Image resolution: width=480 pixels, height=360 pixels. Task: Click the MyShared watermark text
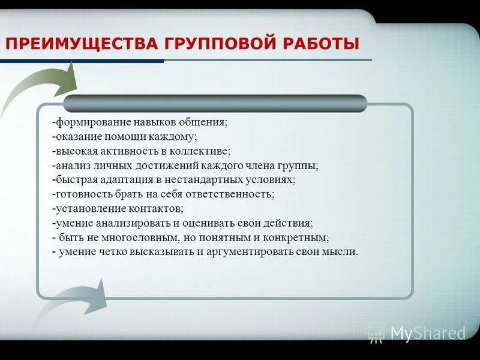pos(427,333)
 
